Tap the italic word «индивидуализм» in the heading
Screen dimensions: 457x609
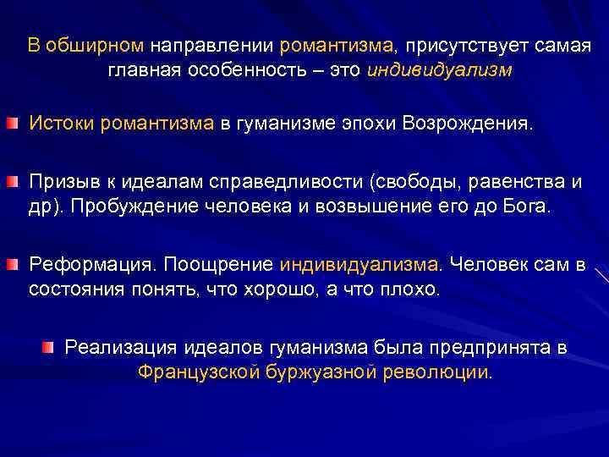point(440,70)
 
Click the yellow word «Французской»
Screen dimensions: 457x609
point(198,372)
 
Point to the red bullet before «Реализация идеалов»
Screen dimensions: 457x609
point(49,348)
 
